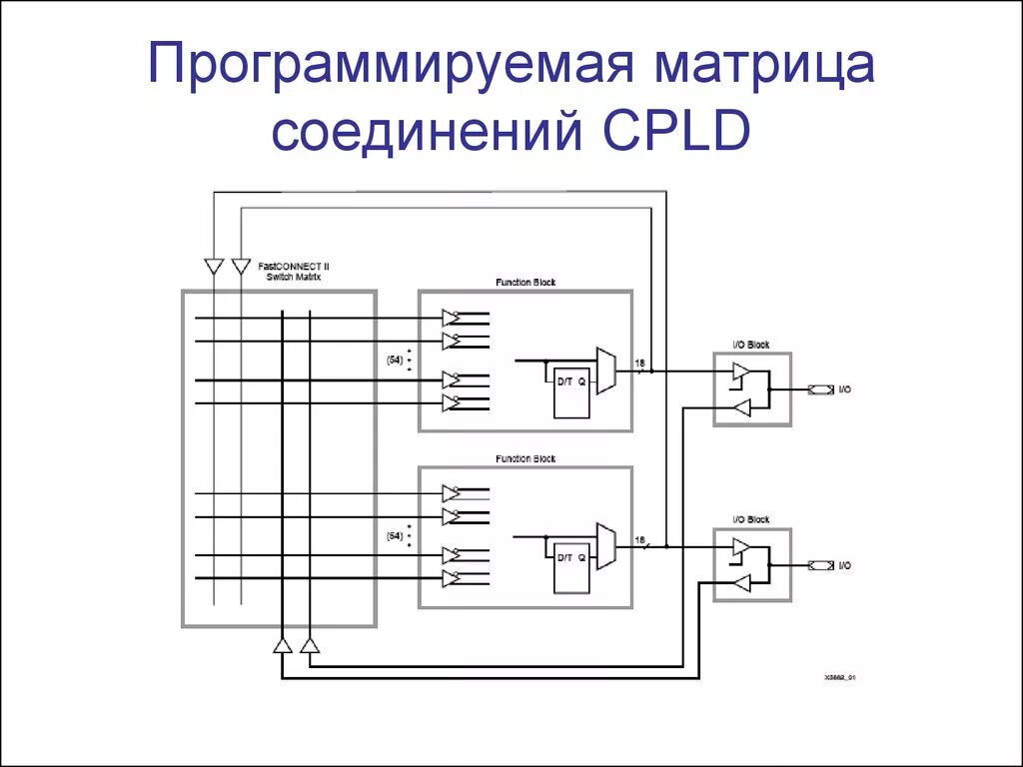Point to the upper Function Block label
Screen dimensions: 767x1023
pos(525,283)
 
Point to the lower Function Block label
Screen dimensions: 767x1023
pos(525,458)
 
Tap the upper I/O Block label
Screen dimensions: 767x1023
pos(752,345)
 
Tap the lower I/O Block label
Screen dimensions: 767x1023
pos(752,519)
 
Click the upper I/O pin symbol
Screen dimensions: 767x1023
pos(819,389)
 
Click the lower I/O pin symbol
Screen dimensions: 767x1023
pos(819,565)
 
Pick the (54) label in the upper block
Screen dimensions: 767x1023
pos(395,361)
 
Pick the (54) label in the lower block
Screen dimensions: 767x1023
pos(395,536)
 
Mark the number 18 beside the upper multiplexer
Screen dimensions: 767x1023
pos(639,363)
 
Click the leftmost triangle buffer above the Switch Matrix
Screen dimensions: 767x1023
pos(213,266)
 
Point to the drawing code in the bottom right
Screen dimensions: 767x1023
pos(840,677)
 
